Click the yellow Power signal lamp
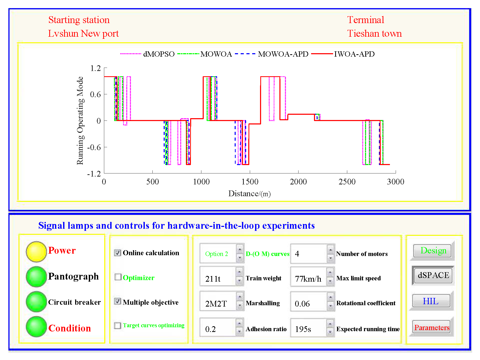pos(36,252)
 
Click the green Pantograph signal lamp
pos(36,276)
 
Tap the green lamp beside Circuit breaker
pos(36,302)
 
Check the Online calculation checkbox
pos(118,253)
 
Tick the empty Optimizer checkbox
pos(118,277)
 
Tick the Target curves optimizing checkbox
pos(118,325)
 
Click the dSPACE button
pos(433,275)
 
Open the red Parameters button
pos(432,327)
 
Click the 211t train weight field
pos(218,279)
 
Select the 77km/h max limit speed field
pos(308,279)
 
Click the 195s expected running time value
pos(308,329)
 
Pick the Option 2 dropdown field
pos(218,254)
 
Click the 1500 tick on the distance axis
pos(250,182)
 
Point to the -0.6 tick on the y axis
pos(94,147)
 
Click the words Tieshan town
pos(374,34)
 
